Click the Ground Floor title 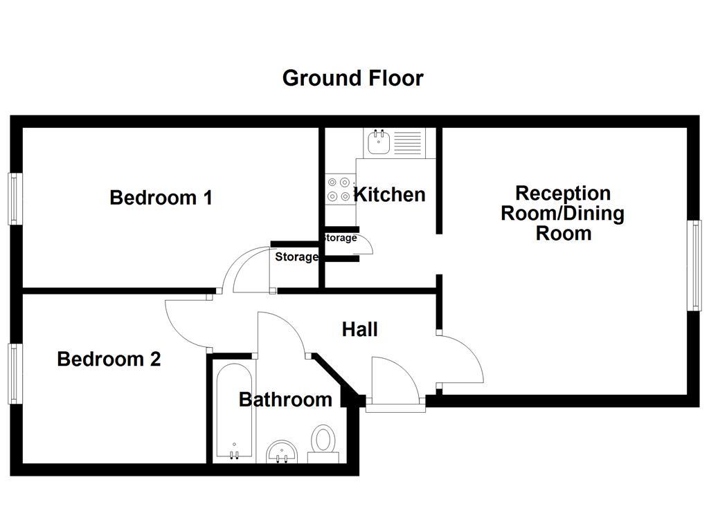tap(352, 77)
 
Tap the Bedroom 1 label tap(161, 198)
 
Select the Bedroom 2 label tap(109, 360)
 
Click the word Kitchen tap(389, 194)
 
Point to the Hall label tap(360, 329)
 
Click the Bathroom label tap(285, 400)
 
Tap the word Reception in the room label tap(562, 193)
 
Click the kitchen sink tap(379, 143)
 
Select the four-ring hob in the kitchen tap(339, 189)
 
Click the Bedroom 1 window tap(13, 198)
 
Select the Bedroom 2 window tap(13, 373)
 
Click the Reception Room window tap(694, 265)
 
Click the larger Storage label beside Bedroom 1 tap(296, 257)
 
